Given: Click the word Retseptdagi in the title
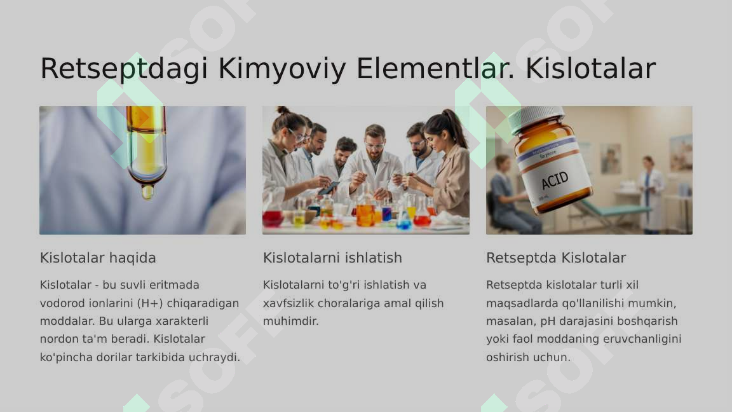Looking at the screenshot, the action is pyautogui.click(x=124, y=69).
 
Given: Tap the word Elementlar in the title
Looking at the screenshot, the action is pyautogui.click(x=435, y=68).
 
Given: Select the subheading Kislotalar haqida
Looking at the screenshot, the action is pyautogui.click(x=98, y=257).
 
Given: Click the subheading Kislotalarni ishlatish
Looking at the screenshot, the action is pyautogui.click(x=332, y=257).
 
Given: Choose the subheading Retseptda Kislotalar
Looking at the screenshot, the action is pyautogui.click(x=556, y=257).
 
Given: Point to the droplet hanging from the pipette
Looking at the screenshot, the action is pyautogui.click(x=147, y=192).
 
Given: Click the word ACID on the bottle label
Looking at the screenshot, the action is pyautogui.click(x=555, y=180).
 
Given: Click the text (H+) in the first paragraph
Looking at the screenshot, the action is pyautogui.click(x=151, y=303).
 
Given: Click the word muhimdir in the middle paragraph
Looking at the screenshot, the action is pyautogui.click(x=291, y=321).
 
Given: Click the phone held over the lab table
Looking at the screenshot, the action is pyautogui.click(x=329, y=188).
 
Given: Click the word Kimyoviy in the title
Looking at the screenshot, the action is pyautogui.click(x=282, y=69).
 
